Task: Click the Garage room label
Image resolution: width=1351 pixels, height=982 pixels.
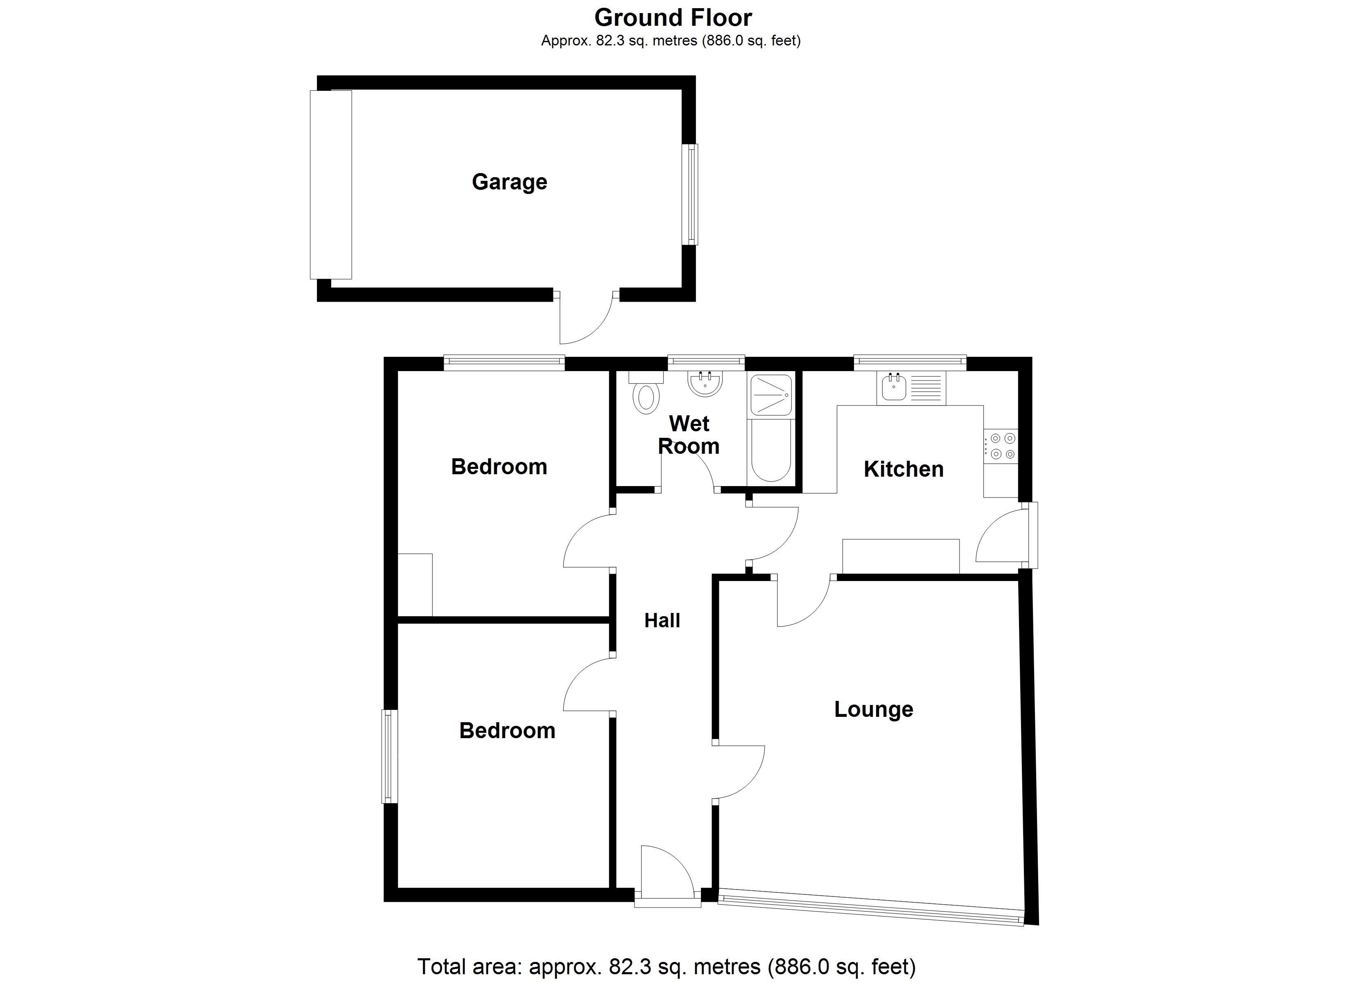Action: pyautogui.click(x=509, y=182)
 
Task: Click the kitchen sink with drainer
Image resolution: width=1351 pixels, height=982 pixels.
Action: pyautogui.click(x=911, y=387)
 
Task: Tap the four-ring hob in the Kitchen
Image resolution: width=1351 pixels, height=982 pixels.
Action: pyautogui.click(x=1001, y=446)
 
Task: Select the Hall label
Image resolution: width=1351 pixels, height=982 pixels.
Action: pyautogui.click(x=662, y=621)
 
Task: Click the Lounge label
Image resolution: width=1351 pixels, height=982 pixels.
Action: pyautogui.click(x=873, y=709)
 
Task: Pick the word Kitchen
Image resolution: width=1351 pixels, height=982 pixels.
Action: pyautogui.click(x=904, y=469)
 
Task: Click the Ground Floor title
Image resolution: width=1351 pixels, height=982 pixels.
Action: pyautogui.click(x=673, y=18)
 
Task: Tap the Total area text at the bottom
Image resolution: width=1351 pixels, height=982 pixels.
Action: pyautogui.click(x=666, y=966)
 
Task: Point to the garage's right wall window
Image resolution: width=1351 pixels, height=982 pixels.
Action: pyautogui.click(x=690, y=194)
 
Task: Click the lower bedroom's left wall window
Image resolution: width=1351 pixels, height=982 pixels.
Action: pyautogui.click(x=390, y=756)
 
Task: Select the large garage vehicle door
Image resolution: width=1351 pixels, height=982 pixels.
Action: pyautogui.click(x=331, y=185)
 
